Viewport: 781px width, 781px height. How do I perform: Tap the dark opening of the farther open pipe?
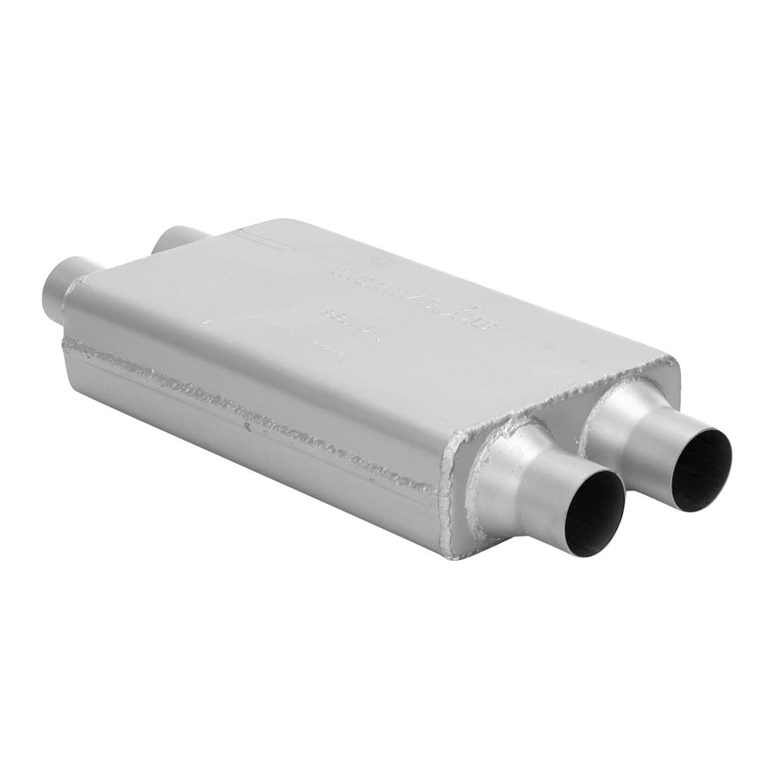click(701, 469)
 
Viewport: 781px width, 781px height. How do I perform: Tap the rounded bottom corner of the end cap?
click(457, 551)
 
